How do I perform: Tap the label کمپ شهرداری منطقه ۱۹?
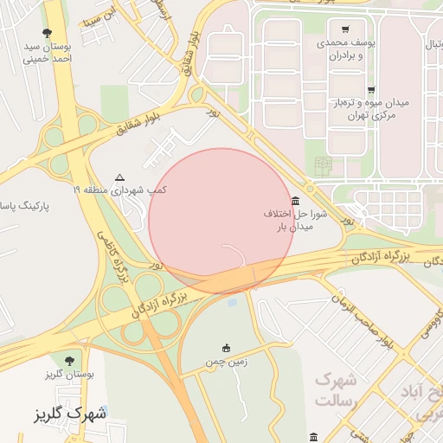(120, 189)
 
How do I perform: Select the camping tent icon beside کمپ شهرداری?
(119, 176)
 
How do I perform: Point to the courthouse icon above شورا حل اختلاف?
(296, 200)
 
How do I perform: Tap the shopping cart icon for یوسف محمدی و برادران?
(345, 29)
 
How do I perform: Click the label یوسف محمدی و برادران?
(345, 48)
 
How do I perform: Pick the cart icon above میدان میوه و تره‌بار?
(371, 90)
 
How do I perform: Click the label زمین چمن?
(227, 363)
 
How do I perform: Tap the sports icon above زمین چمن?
(227, 348)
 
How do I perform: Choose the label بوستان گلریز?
(68, 374)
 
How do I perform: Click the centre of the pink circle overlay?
(221, 221)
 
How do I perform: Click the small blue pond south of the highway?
(232, 303)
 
